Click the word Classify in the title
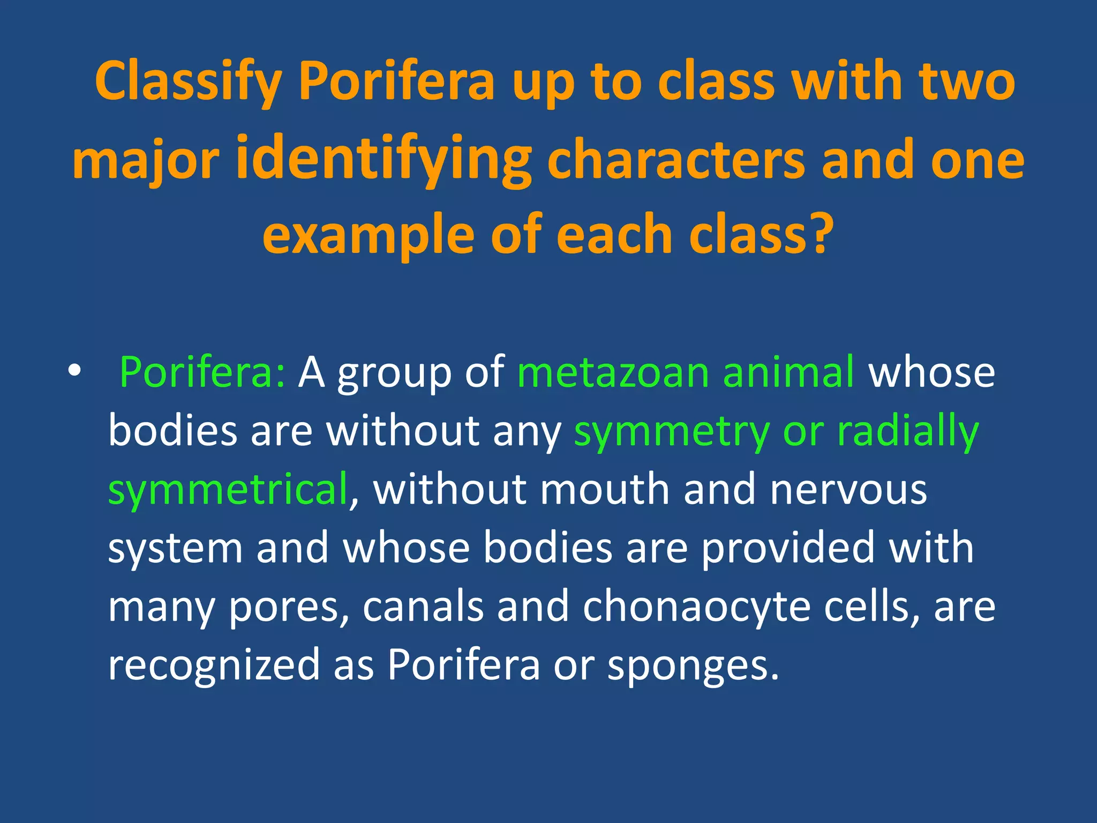coord(188,82)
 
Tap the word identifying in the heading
coord(384,159)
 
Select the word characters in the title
coord(677,160)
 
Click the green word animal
coord(788,372)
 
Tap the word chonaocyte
coord(697,607)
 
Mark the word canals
coord(423,607)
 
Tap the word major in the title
coord(146,160)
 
